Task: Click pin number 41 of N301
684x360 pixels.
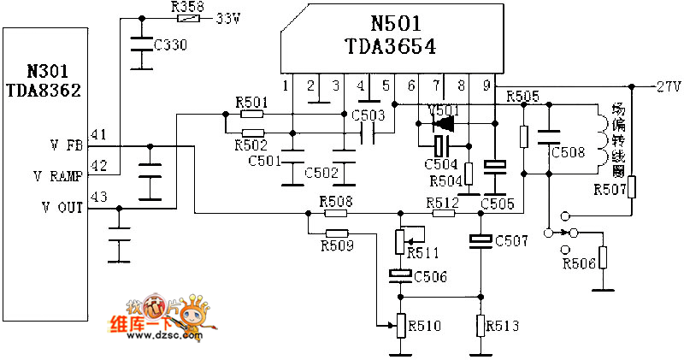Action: click(x=99, y=133)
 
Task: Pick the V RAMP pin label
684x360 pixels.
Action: click(x=57, y=176)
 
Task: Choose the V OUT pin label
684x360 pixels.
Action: click(x=57, y=207)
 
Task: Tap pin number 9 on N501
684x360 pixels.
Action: click(x=486, y=86)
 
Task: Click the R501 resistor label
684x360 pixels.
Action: click(x=252, y=103)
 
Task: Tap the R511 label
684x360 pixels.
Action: click(x=422, y=252)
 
